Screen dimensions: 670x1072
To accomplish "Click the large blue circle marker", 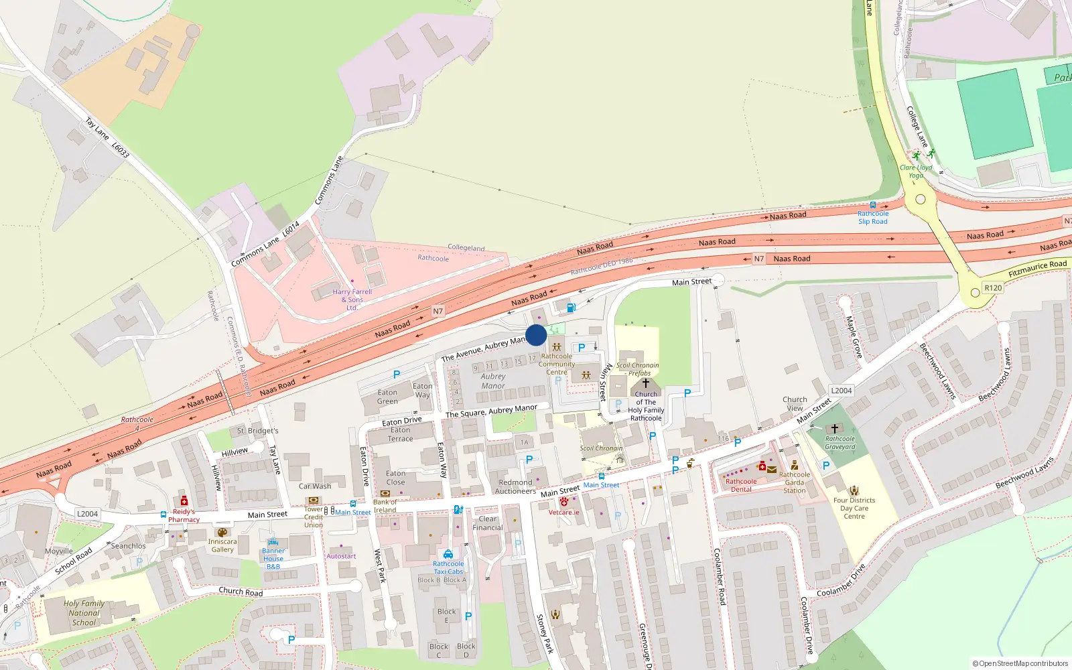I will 536,335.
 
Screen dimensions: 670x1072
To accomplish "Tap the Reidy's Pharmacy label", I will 184,515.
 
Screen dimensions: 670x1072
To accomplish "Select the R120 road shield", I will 993,288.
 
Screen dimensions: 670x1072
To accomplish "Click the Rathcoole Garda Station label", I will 795,482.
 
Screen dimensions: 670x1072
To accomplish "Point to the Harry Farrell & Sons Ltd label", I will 352,299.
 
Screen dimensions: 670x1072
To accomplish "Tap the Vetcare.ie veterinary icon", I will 564,501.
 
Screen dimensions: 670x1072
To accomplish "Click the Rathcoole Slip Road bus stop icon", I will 872,206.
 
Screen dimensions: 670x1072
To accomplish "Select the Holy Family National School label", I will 84,613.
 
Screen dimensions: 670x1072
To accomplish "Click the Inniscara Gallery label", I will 222,545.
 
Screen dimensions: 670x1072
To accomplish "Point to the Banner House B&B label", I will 273,559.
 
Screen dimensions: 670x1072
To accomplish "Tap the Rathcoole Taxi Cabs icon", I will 448,554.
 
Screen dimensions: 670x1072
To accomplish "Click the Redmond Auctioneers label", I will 515,486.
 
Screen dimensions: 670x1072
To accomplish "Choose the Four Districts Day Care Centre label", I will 854,508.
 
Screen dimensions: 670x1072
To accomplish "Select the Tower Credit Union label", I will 314,517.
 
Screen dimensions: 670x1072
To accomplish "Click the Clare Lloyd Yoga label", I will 916,172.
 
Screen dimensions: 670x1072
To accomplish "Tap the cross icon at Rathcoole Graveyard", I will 835,429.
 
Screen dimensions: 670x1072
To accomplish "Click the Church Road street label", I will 241,592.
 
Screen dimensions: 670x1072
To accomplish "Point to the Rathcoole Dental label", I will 741,485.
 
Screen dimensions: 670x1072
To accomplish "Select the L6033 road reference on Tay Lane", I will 121,150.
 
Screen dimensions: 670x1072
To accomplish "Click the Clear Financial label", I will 488,523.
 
